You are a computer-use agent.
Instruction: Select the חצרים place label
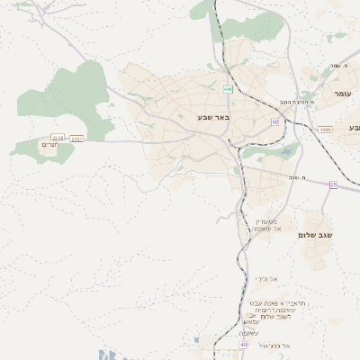(50, 143)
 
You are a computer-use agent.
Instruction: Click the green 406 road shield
(229, 89)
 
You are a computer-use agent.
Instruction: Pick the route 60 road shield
(274, 121)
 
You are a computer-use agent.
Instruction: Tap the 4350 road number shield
(324, 130)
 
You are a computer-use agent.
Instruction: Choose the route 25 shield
(333, 184)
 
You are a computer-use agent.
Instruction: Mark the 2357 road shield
(76, 139)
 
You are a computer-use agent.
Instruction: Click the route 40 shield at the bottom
(243, 344)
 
